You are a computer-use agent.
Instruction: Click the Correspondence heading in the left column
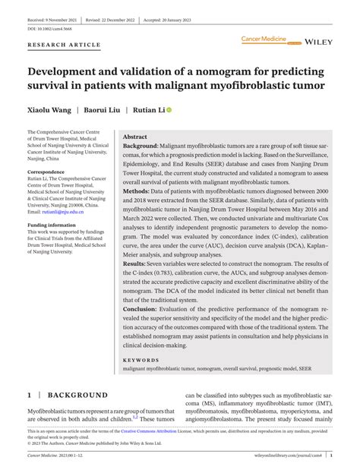46,172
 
